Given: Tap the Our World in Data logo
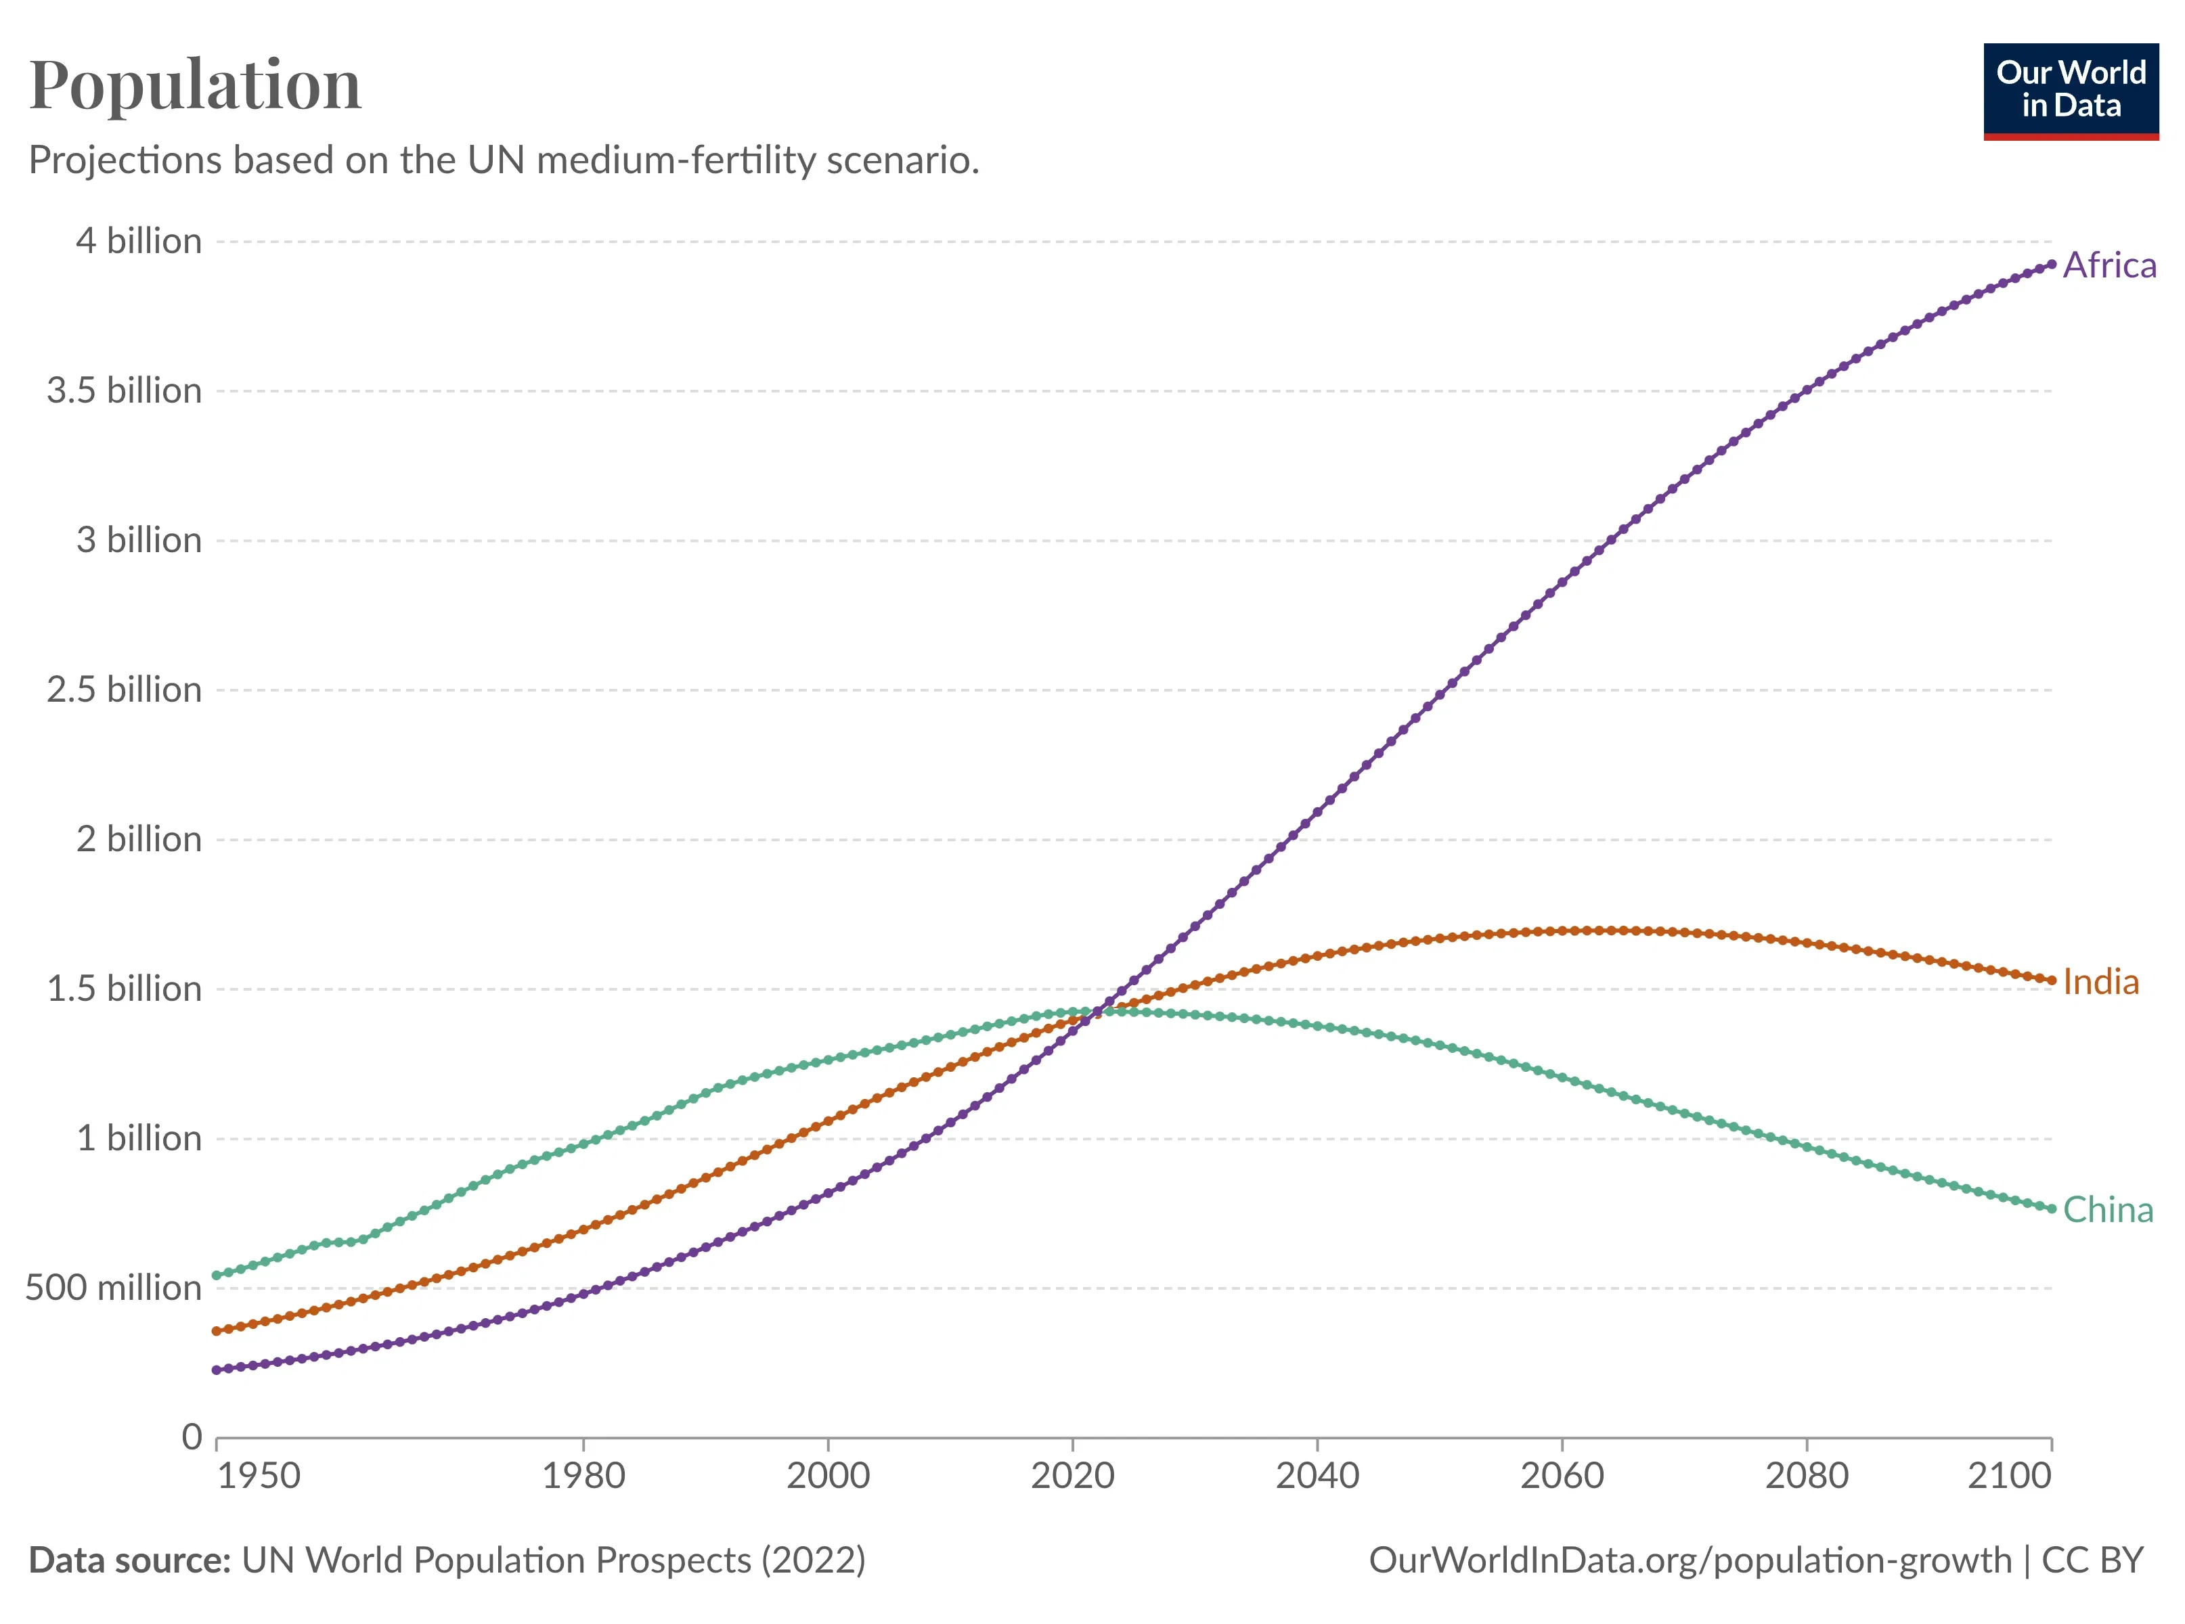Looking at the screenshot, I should (x=2070, y=91).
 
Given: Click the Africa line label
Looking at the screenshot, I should (x=2109, y=265).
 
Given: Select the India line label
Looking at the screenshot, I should (x=2100, y=982).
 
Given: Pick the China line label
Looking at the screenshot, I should (x=2106, y=1210).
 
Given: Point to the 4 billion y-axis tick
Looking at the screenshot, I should (x=139, y=241).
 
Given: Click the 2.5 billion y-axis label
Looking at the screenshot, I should (x=124, y=690).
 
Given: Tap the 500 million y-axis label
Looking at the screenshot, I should (x=113, y=1288).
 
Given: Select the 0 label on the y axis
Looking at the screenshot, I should (x=192, y=1437).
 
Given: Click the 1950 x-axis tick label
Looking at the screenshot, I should (x=259, y=1476).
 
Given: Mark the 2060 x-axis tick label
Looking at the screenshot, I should (x=1562, y=1476).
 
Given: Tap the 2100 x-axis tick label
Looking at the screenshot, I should (x=2009, y=1476).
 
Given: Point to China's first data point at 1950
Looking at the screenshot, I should (x=217, y=1275).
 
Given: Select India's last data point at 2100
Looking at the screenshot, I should (x=2051, y=980).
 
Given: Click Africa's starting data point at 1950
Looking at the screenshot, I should (x=217, y=1370).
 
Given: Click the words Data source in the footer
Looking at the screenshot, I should (x=129, y=1560).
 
